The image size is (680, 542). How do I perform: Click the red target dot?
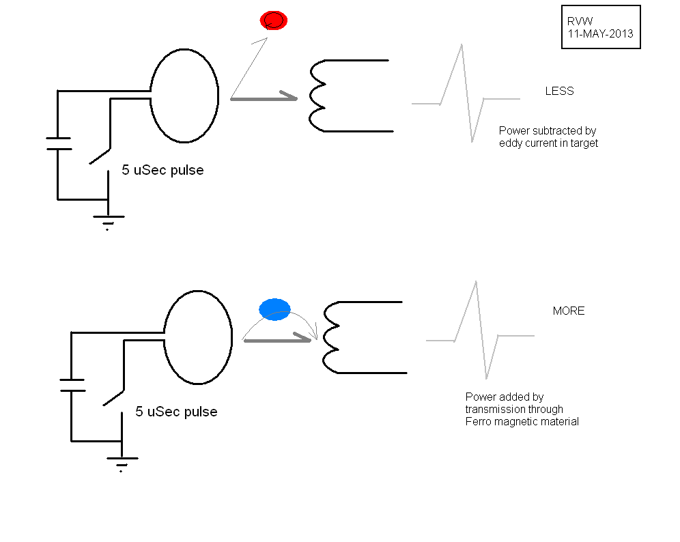pos(274,20)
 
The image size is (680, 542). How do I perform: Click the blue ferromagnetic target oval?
pos(274,309)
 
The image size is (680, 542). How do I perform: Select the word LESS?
pos(559,91)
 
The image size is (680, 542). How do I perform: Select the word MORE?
pos(569,311)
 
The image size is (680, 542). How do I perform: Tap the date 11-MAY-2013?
pos(600,33)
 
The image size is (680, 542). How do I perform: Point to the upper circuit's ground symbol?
pos(108,220)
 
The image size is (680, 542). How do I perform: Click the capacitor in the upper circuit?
pos(58,143)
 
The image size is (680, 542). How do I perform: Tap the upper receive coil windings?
pos(317,96)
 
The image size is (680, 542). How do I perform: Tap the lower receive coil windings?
pos(330,337)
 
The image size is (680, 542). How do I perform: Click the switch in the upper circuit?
pos(100,155)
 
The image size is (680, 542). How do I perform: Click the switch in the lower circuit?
pos(113,397)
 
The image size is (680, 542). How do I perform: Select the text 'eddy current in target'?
pos(548,143)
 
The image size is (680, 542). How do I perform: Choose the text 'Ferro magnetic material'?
pos(522,421)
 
